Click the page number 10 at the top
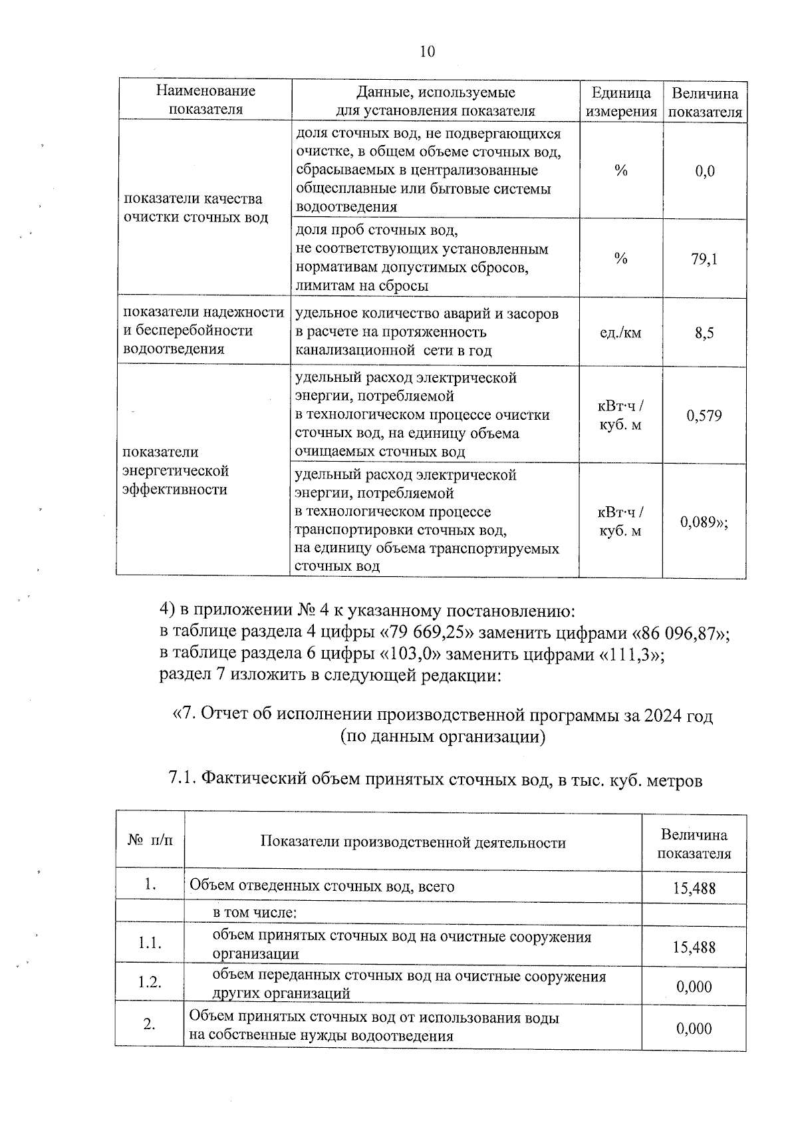click(428, 51)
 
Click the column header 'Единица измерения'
click(620, 102)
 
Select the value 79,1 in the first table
click(704, 259)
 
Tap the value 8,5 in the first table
click(704, 333)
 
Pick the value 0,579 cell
click(704, 416)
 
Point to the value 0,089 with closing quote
click(704, 522)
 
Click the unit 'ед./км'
click(620, 333)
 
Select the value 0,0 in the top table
click(705, 172)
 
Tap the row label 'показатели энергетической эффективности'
click(176, 471)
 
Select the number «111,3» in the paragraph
click(628, 655)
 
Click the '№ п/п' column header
click(150, 842)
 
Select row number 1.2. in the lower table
click(150, 982)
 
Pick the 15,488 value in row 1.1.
click(694, 946)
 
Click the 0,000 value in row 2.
click(694, 1029)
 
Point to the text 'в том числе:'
click(254, 912)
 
